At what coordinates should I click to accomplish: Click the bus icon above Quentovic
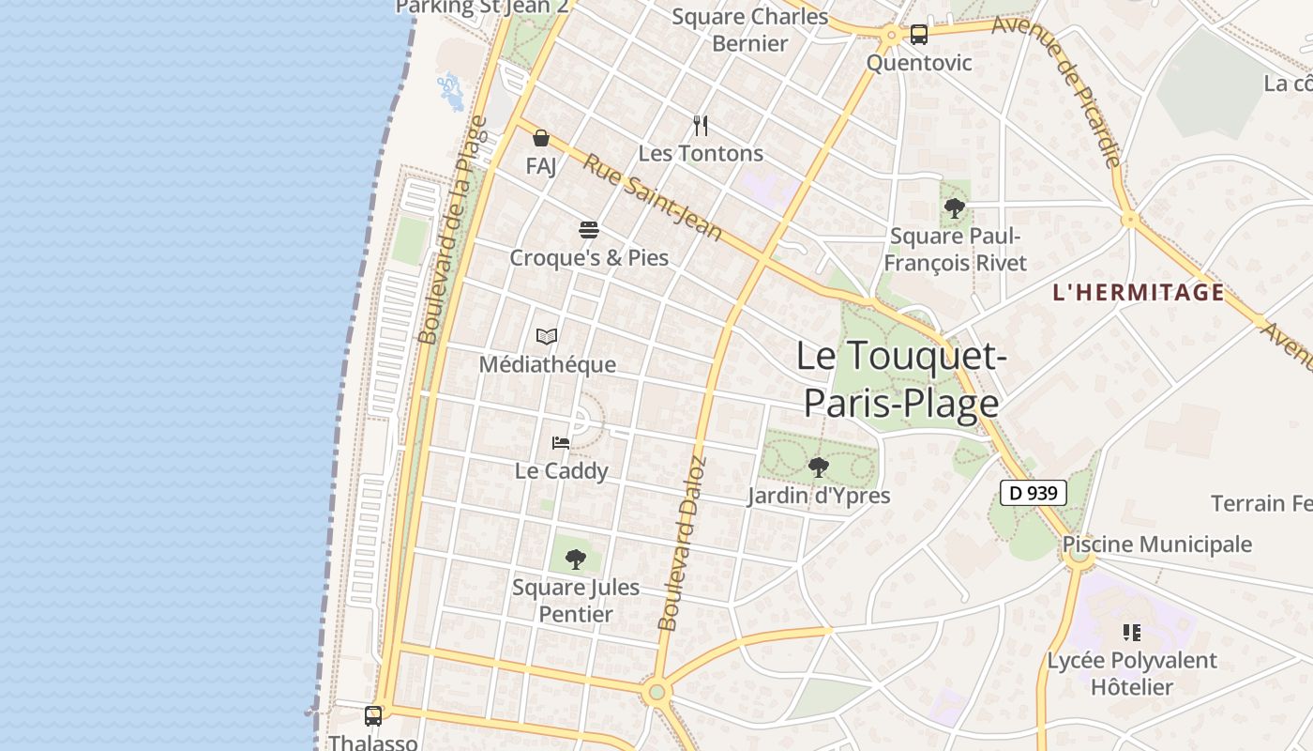(x=918, y=35)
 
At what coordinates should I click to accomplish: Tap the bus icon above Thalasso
(x=373, y=715)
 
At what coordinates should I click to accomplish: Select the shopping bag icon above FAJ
(x=541, y=139)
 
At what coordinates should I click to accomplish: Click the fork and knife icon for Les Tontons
(x=701, y=126)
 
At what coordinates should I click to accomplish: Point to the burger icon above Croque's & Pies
(x=589, y=230)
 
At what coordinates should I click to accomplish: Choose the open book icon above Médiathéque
(x=547, y=336)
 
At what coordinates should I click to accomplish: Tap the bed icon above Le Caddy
(x=561, y=442)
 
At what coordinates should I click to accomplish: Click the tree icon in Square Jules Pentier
(x=576, y=559)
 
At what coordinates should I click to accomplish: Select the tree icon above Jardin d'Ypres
(x=819, y=467)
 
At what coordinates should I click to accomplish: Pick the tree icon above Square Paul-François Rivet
(x=955, y=208)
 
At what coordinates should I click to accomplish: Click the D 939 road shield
(x=1034, y=492)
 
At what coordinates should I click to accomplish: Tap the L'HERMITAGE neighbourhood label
(x=1139, y=292)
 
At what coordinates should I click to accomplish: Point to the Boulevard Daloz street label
(x=682, y=543)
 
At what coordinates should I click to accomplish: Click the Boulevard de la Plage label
(x=454, y=230)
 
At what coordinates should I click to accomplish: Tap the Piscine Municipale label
(x=1156, y=544)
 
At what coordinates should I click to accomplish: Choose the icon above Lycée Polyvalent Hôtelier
(x=1132, y=633)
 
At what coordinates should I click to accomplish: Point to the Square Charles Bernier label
(x=750, y=30)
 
